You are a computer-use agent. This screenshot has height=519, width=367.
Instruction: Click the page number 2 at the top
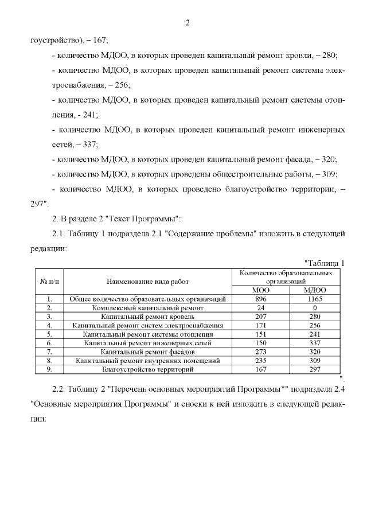(x=188, y=23)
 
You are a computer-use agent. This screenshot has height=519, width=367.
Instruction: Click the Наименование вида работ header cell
(x=147, y=282)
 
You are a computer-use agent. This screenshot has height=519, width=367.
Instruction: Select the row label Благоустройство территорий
(x=147, y=369)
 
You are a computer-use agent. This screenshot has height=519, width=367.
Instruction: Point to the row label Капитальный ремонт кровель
(x=147, y=316)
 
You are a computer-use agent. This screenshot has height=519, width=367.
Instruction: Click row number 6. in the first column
(x=49, y=342)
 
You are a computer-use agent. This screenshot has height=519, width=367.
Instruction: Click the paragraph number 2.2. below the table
(x=61, y=389)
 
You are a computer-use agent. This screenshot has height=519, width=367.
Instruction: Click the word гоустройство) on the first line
(x=55, y=41)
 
